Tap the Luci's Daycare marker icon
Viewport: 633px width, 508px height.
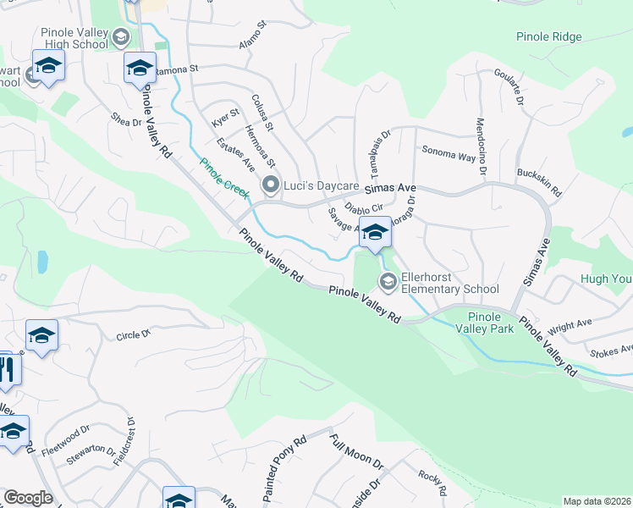click(x=271, y=185)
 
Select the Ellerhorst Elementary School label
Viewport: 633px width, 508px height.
click(x=450, y=282)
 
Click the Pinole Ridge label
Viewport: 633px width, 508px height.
click(x=548, y=37)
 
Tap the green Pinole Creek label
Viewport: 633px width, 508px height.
click(x=224, y=179)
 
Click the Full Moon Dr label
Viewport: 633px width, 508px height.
click(x=357, y=453)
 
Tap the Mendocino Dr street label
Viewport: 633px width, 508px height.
click(x=480, y=146)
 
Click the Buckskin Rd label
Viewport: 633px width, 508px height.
click(x=539, y=180)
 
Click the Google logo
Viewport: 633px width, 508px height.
click(x=28, y=498)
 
